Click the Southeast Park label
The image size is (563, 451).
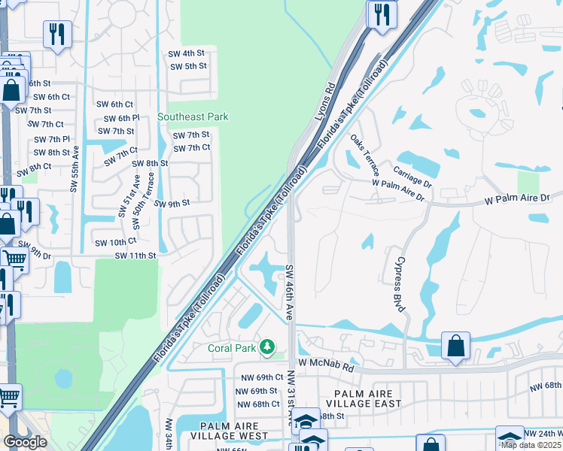tap(193, 117)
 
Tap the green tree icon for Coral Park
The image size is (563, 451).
tap(266, 347)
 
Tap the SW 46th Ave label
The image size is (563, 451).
tap(289, 289)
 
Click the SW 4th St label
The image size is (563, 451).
tap(187, 53)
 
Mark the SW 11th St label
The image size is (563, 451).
tap(135, 256)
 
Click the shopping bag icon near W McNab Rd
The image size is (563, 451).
tap(455, 346)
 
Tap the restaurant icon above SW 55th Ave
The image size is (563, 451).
tap(57, 34)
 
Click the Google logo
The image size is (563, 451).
tap(24, 442)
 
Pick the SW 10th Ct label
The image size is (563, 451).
tap(115, 241)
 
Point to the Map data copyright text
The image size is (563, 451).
tap(532, 445)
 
